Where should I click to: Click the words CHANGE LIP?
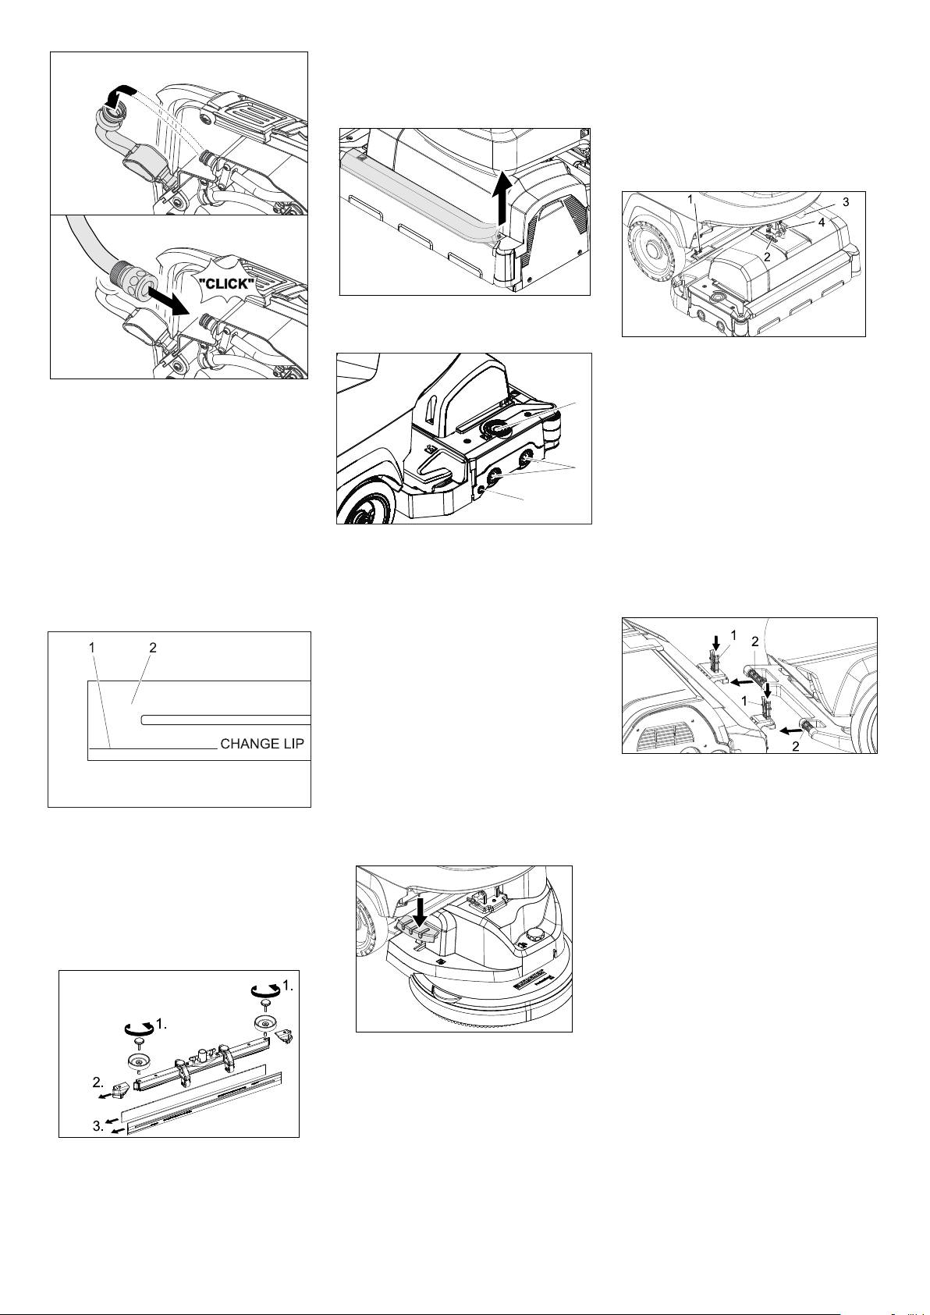pyautogui.click(x=262, y=744)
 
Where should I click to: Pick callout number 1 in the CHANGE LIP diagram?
pyautogui.click(x=91, y=648)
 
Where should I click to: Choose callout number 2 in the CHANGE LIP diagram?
pyautogui.click(x=153, y=648)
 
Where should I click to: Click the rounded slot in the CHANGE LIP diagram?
pyautogui.click(x=226, y=720)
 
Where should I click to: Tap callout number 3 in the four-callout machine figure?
pyautogui.click(x=846, y=202)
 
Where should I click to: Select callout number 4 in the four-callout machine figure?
pyautogui.click(x=822, y=223)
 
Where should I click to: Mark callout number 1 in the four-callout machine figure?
pyautogui.click(x=690, y=199)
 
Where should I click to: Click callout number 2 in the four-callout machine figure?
pyautogui.click(x=767, y=257)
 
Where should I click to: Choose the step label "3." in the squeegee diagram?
pyautogui.click(x=99, y=1126)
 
